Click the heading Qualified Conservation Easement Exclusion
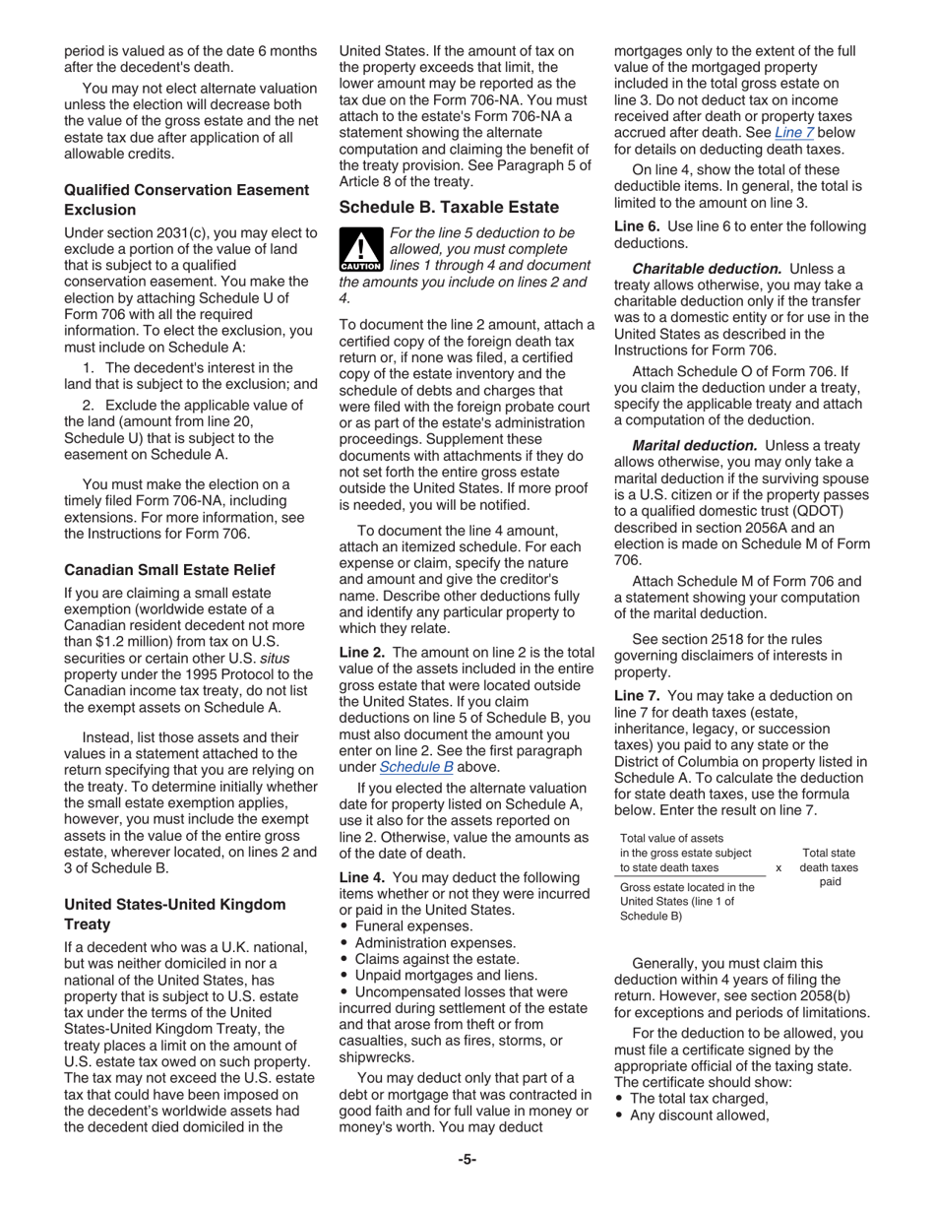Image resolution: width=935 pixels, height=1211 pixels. tap(186, 199)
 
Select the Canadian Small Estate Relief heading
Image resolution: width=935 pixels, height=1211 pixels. tap(169, 570)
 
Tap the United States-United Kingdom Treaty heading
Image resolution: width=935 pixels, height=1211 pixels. tap(174, 914)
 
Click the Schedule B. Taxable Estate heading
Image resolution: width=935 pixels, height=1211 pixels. tap(449, 207)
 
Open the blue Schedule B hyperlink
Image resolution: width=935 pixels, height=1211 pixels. tap(415, 767)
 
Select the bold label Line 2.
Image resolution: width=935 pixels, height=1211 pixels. tap(363, 652)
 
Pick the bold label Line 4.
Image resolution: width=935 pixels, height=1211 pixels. tap(363, 876)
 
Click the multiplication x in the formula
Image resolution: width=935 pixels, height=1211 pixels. tap(779, 867)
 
